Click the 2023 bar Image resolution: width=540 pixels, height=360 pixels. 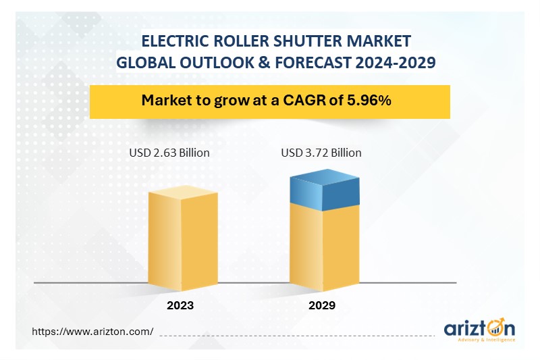click(183, 238)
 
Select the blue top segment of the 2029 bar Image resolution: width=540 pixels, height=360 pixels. click(325, 190)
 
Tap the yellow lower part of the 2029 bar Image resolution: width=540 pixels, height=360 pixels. click(325, 247)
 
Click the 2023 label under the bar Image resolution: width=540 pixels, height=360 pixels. click(180, 305)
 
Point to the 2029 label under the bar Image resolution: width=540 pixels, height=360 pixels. click(322, 305)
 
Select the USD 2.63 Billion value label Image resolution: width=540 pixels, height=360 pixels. click(169, 153)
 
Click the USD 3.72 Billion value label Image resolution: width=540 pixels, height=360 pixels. click(321, 153)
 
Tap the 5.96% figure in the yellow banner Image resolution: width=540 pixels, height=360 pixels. click(369, 100)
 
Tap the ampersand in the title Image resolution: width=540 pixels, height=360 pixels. click(265, 63)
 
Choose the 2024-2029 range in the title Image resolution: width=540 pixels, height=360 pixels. click(396, 63)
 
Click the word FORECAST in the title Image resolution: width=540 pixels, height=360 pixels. click(313, 63)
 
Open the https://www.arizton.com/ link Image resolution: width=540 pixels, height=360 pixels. click(92, 332)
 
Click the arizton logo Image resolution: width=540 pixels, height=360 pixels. click(480, 330)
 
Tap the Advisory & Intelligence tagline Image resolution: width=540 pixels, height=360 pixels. click(487, 340)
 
